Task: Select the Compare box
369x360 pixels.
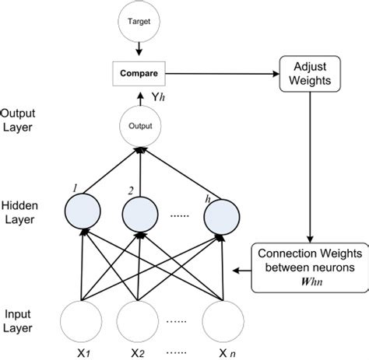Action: (x=139, y=74)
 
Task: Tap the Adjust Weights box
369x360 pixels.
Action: (x=311, y=75)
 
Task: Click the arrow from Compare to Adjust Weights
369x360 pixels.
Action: (x=222, y=75)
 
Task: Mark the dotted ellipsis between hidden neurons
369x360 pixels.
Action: (x=181, y=220)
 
